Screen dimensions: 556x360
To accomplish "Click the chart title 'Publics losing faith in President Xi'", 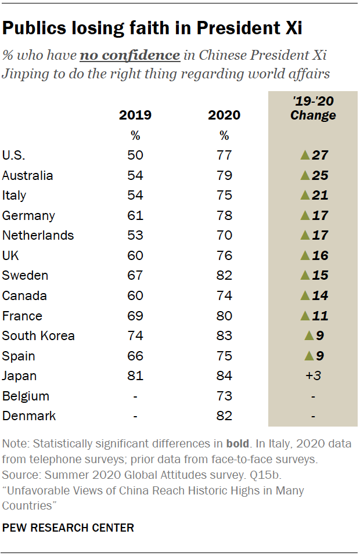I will [x=152, y=28].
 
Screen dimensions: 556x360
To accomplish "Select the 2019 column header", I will [x=135, y=115].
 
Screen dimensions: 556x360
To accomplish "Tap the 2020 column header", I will [x=224, y=115].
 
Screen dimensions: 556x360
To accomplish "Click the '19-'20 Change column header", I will [x=313, y=108].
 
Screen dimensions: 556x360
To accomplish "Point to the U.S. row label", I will [x=14, y=155].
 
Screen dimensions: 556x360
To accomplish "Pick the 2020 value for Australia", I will [x=224, y=175].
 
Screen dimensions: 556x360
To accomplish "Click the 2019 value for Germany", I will [x=135, y=215].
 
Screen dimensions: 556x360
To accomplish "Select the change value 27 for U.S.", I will [x=319, y=155].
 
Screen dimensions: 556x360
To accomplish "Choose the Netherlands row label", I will [x=38, y=235].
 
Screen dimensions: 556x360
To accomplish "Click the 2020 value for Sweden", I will [x=224, y=275].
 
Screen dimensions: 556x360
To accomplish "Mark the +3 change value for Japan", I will [x=314, y=376].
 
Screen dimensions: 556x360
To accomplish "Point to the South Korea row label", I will [x=38, y=335].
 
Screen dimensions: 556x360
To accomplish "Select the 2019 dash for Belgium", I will [x=135, y=396].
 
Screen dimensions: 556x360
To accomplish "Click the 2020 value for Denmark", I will [x=224, y=416].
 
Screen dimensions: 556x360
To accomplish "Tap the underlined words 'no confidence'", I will [x=129, y=56].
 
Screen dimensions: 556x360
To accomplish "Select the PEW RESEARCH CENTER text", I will [x=68, y=528].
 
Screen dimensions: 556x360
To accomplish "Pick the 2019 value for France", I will [x=135, y=316].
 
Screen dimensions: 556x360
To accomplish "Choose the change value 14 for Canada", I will [x=319, y=295].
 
